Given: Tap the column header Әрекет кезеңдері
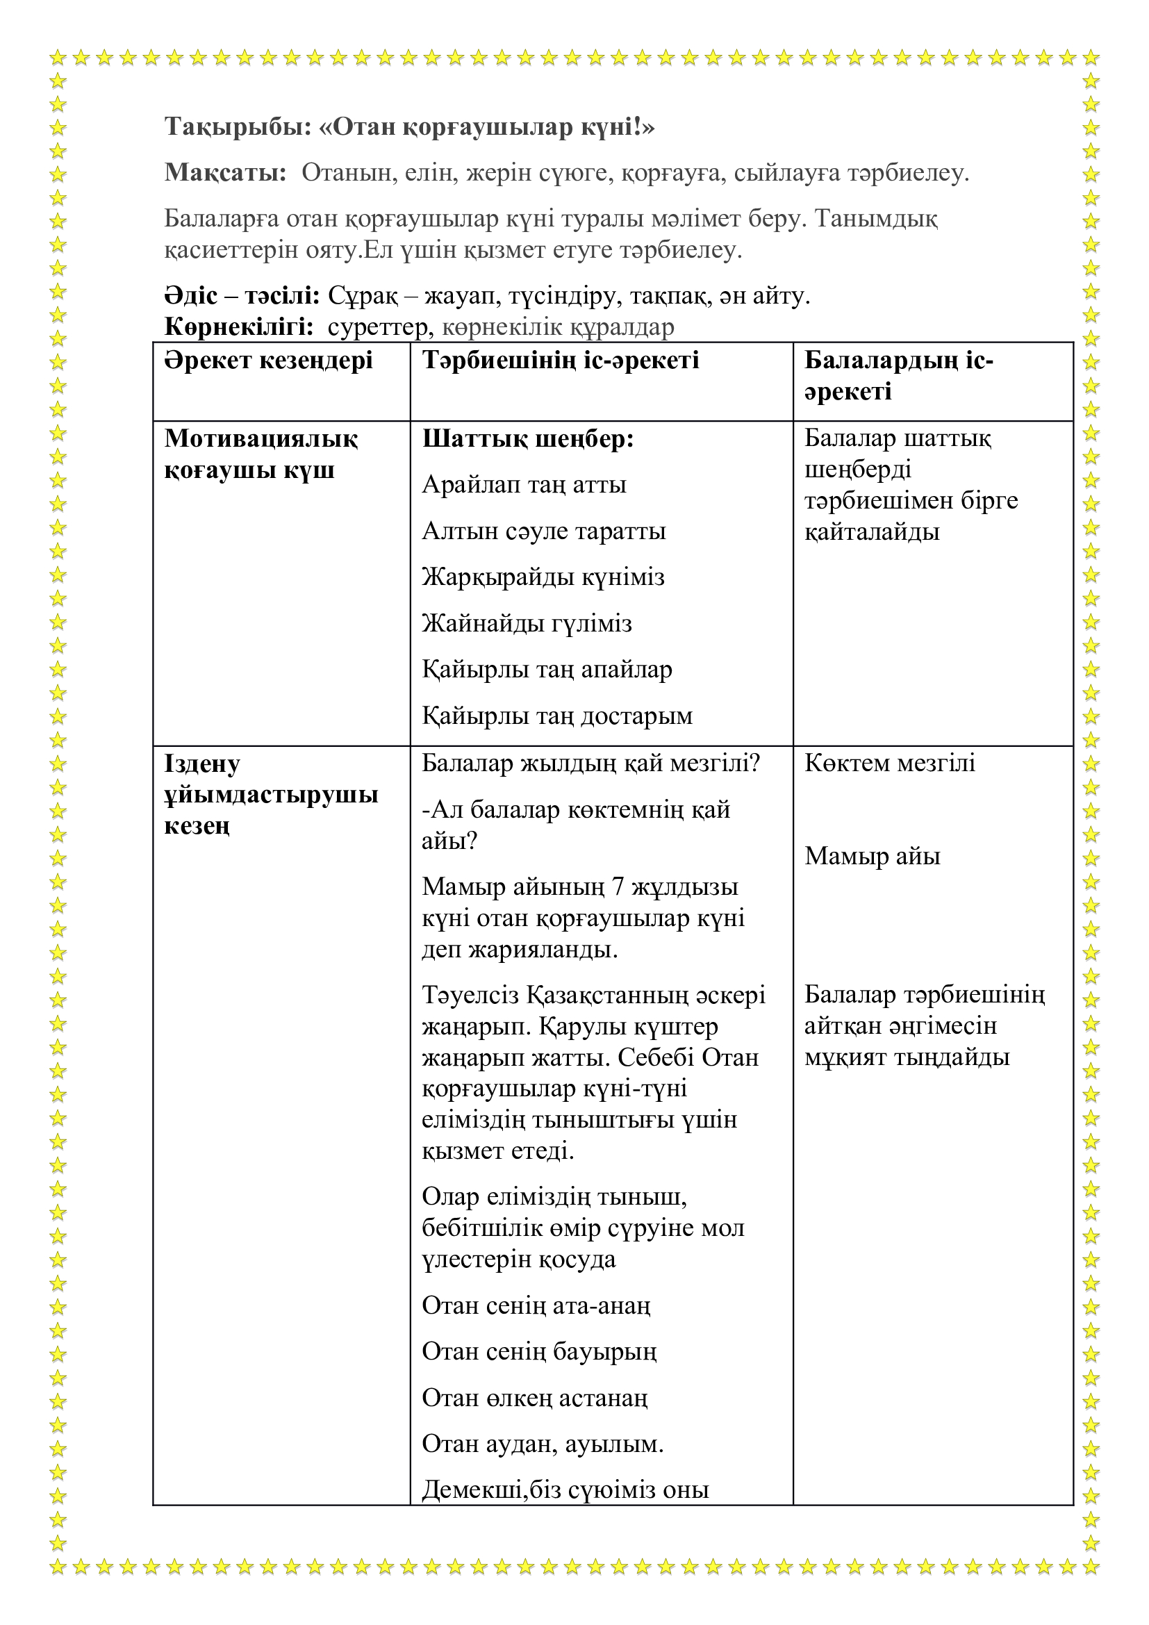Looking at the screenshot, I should coord(268,361).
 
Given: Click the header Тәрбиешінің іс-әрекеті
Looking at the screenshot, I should coord(561,361).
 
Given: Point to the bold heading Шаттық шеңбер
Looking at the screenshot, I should coord(528,440).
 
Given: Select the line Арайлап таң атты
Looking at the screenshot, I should coord(524,486).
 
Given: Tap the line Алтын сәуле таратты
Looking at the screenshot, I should coord(543,531).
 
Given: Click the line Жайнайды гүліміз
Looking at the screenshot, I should coord(527,623).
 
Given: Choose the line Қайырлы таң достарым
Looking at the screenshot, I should coord(557,716).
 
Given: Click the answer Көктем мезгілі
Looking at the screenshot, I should coord(889,764).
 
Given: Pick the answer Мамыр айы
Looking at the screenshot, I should coord(872,857).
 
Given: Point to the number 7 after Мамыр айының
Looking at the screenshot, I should coord(618,887).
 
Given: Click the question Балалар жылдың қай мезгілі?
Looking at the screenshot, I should coord(590,764).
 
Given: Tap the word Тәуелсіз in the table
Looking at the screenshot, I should coord(470,996).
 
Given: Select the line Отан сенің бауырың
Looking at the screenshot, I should coord(539,1352).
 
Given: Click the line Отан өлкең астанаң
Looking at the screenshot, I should coord(534,1398).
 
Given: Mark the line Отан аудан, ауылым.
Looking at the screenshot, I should coord(542,1444).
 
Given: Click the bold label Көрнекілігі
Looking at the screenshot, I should coord(239,327).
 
